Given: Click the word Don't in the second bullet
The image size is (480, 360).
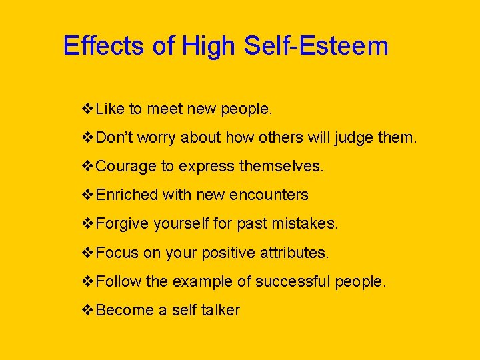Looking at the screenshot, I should click(116, 137).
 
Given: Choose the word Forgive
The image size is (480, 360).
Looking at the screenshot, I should click(123, 224).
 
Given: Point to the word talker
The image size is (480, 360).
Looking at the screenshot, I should click(220, 310).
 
